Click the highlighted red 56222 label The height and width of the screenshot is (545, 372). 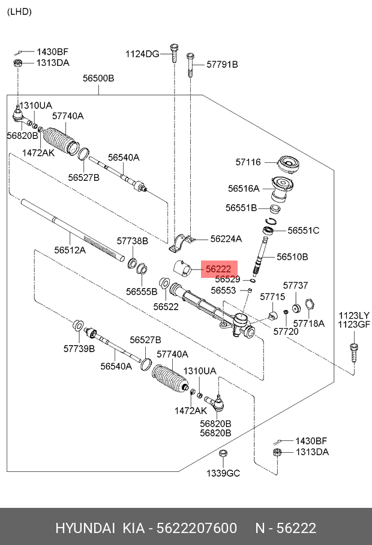click(219, 270)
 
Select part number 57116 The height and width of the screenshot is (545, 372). click(248, 162)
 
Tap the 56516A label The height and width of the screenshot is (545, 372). click(244, 188)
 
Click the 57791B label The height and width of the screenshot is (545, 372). click(222, 64)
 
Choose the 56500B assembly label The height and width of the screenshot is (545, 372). click(98, 78)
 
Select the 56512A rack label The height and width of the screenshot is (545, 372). click(70, 250)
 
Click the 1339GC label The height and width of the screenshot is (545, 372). click(223, 473)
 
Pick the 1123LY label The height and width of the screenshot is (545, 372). click(354, 315)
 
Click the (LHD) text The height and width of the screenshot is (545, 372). click(19, 11)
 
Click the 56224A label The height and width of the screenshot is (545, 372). click(226, 238)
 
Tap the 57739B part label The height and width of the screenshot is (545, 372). click(79, 348)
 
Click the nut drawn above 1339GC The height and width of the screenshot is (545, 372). click(222, 453)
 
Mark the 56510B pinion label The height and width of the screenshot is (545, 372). click(292, 256)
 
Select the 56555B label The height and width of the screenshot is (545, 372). click(142, 292)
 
